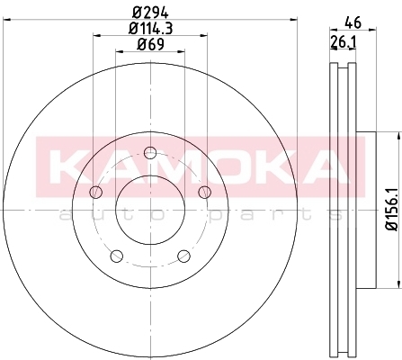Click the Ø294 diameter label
point(150,13)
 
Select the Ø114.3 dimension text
point(150,29)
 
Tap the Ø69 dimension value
point(150,45)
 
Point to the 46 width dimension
point(353,22)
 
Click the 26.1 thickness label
point(343,42)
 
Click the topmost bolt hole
point(150,153)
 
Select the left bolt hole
point(96,192)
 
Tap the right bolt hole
point(205,192)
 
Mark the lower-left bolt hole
point(117,256)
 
